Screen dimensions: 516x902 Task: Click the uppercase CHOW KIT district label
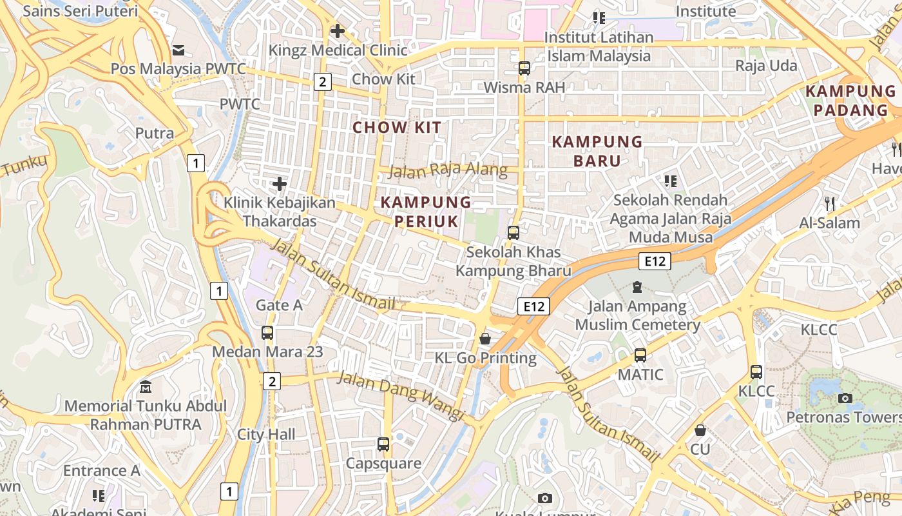[x=397, y=127]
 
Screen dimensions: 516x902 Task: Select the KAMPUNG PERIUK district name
[x=426, y=212]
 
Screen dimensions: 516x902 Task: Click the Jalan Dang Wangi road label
[x=400, y=395]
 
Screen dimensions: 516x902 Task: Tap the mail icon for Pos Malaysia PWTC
[x=178, y=50]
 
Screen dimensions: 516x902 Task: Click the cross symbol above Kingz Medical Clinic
[x=337, y=30]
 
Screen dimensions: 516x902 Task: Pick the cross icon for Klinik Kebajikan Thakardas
[x=280, y=184]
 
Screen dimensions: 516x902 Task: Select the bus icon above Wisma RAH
[x=524, y=68]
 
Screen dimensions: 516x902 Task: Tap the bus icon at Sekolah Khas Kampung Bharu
[x=513, y=232]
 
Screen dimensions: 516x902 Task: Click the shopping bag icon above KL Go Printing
[x=485, y=339]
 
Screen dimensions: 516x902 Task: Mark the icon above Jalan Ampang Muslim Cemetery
[x=637, y=286]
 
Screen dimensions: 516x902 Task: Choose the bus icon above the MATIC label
[x=640, y=355]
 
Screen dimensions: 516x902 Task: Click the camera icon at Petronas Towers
[x=845, y=398]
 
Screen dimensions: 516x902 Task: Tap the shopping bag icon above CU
[x=700, y=430]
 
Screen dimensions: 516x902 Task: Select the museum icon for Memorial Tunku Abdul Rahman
[x=146, y=387]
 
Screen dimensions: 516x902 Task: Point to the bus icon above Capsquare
[x=383, y=444]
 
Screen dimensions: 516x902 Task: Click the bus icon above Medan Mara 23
[x=267, y=333]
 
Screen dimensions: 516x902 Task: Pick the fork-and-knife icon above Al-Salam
[x=830, y=204]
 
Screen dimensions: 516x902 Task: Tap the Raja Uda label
[x=766, y=66]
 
